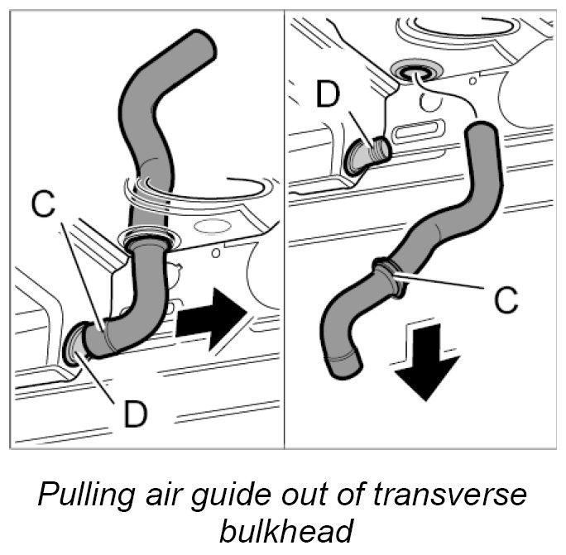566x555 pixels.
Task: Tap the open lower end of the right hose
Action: [342, 361]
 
